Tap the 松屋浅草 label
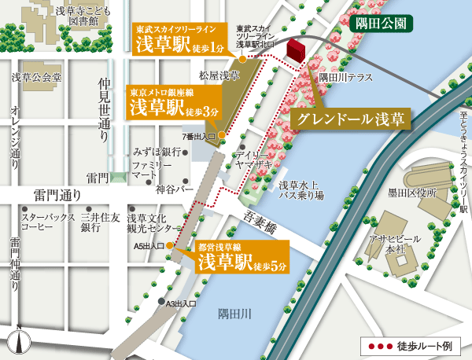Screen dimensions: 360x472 click(x=219, y=76)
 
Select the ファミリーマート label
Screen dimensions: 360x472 click(x=151, y=171)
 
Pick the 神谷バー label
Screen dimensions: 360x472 click(x=175, y=189)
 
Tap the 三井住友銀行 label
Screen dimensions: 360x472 click(x=100, y=222)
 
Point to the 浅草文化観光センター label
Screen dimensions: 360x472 click(x=154, y=222)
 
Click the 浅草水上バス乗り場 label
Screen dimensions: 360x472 click(x=301, y=190)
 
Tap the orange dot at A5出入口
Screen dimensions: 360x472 click(x=169, y=254)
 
